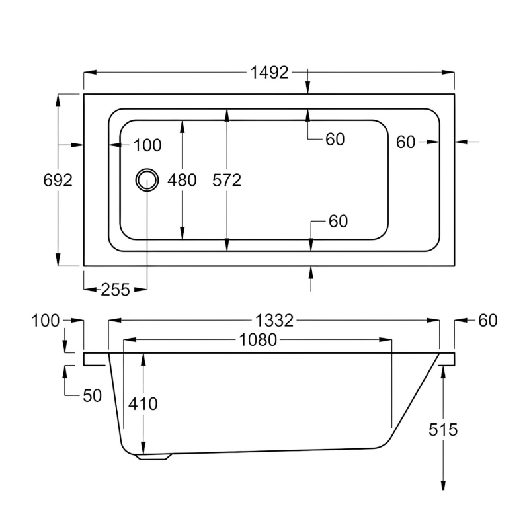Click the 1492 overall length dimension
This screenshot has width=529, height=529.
[x=269, y=73]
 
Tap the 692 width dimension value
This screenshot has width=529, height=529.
[x=58, y=180]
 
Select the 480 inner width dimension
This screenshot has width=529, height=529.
[x=182, y=180]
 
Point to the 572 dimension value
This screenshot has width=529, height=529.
[x=227, y=180]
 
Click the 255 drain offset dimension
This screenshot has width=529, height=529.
[x=115, y=290]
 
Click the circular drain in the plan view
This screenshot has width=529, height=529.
[x=147, y=180]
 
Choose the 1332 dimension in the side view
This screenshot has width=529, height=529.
[x=274, y=320]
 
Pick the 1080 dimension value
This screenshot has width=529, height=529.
[x=258, y=339]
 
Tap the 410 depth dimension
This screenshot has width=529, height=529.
[x=143, y=403]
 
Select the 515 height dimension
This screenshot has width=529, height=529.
[x=443, y=429]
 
